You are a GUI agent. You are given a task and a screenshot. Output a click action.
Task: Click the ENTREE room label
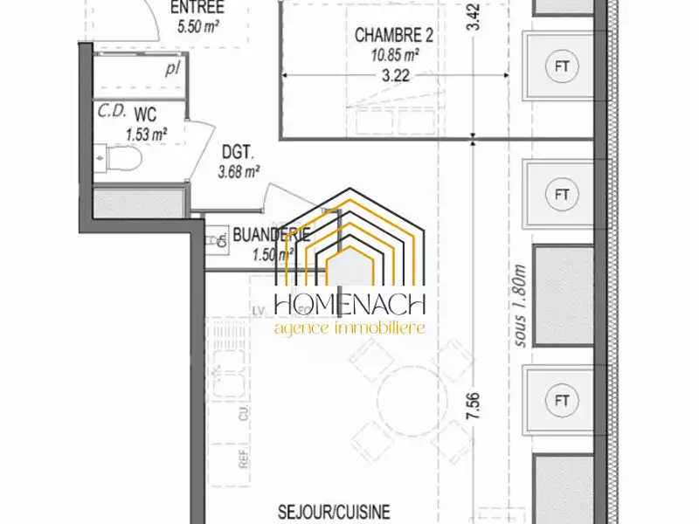click(x=197, y=8)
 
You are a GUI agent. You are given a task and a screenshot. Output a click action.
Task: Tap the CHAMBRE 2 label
click(x=394, y=36)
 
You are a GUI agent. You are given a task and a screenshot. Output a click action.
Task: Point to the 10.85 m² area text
click(x=394, y=54)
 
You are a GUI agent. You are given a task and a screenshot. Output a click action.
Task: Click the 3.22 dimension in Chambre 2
click(x=395, y=76)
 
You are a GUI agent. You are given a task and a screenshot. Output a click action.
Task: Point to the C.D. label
click(x=111, y=112)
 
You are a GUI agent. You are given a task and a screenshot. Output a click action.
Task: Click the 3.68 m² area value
click(x=239, y=171)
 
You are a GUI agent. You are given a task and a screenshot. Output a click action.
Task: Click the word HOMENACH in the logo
click(x=349, y=305)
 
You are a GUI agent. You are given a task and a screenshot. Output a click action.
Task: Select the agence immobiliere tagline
click(x=349, y=328)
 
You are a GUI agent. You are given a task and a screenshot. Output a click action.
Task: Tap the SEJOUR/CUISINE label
click(x=335, y=512)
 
